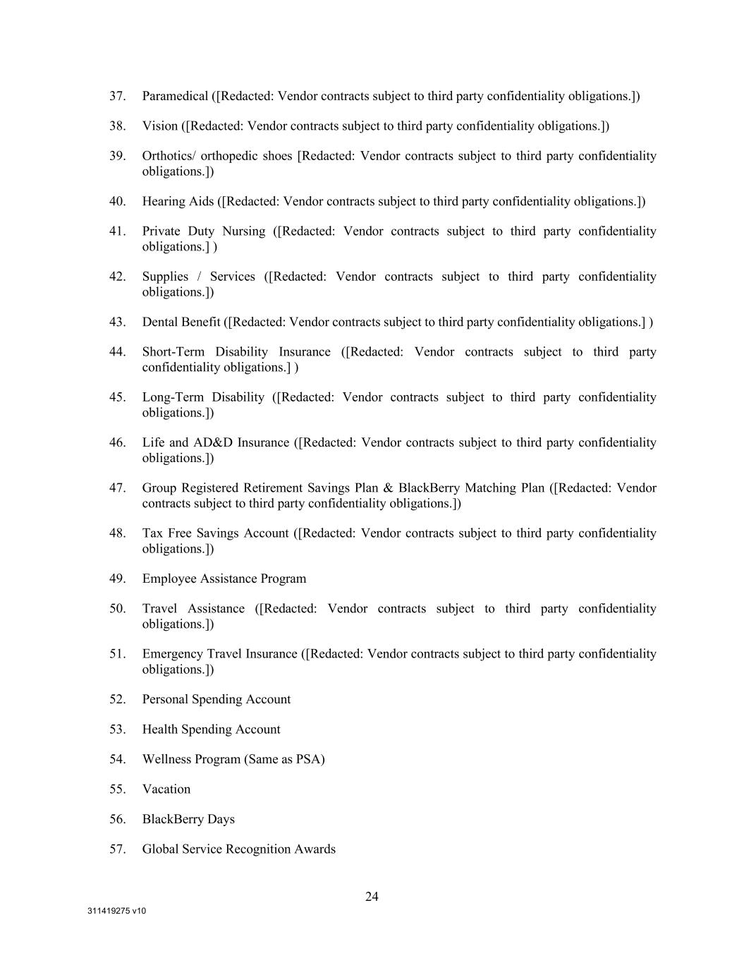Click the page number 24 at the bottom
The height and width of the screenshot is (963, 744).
pyautogui.click(x=372, y=897)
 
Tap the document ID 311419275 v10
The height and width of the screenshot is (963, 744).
pyautogui.click(x=117, y=911)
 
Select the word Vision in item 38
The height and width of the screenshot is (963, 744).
pyautogui.click(x=160, y=126)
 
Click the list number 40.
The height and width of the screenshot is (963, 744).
pyautogui.click(x=117, y=202)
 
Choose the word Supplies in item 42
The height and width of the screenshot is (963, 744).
pyautogui.click(x=165, y=277)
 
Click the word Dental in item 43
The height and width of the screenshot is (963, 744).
pyautogui.click(x=160, y=322)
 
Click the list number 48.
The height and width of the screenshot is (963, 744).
pyautogui.click(x=117, y=533)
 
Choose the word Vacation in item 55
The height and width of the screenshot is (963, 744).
pyautogui.click(x=166, y=789)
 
